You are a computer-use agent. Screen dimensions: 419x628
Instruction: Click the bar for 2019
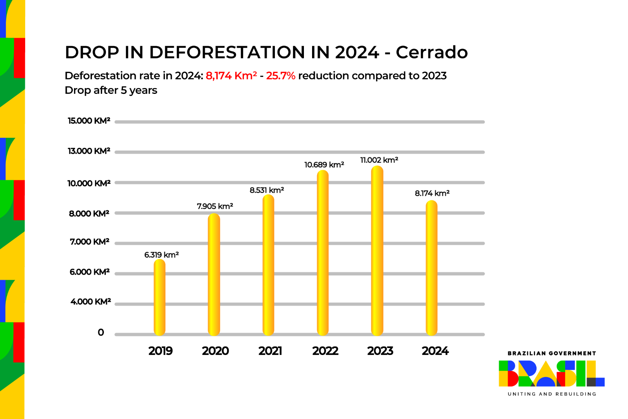tap(159, 297)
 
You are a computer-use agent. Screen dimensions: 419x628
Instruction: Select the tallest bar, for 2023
tap(377, 251)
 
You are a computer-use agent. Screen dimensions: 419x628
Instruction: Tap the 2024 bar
tap(431, 268)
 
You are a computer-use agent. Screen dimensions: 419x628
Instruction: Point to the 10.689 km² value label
tap(324, 165)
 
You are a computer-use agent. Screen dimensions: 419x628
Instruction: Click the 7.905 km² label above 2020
tap(215, 206)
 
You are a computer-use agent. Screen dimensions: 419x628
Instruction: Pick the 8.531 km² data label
tap(267, 190)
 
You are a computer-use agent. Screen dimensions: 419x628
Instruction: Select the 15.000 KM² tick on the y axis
tap(89, 121)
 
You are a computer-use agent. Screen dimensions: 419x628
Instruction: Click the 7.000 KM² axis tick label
tap(90, 242)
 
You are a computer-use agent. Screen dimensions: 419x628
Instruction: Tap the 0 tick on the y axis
tap(101, 332)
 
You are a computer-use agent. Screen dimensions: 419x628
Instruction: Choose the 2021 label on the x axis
tap(270, 351)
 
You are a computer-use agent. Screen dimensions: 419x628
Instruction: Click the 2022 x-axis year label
tap(325, 351)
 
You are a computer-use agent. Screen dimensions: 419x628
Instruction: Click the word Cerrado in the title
tap(431, 53)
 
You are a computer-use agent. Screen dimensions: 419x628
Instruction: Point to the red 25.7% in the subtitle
tap(281, 76)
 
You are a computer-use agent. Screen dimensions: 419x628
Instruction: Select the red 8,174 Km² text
tap(231, 76)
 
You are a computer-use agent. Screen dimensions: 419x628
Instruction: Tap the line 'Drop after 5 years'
tap(111, 90)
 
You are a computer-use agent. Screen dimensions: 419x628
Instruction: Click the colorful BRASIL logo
tap(551, 374)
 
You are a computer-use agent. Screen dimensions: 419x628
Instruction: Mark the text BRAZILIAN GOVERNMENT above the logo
tap(552, 353)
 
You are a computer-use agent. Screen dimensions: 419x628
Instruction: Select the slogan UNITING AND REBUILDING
tap(552, 394)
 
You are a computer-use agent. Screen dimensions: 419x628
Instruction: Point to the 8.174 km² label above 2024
tap(432, 193)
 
